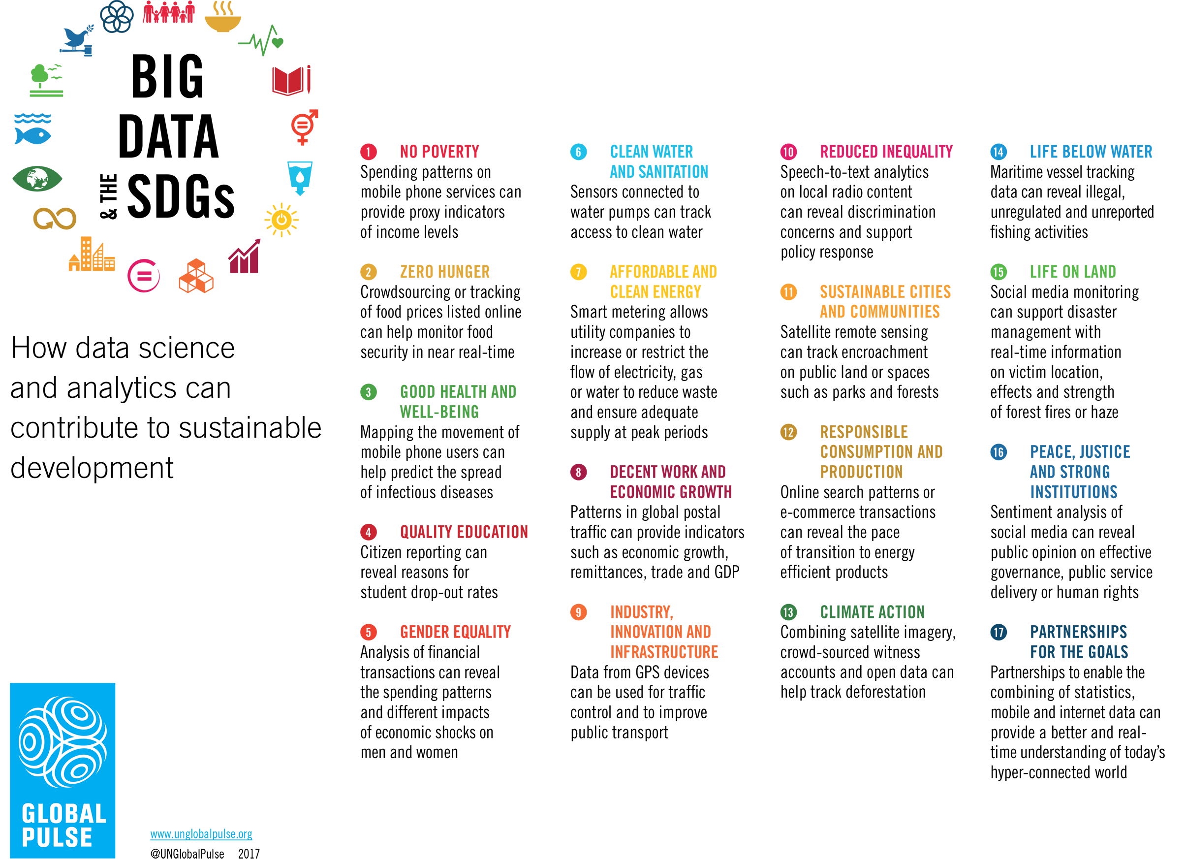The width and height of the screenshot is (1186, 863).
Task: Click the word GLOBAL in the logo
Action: (64, 814)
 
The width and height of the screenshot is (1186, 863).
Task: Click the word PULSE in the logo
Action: (57, 837)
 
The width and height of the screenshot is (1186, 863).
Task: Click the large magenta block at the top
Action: (854, 78)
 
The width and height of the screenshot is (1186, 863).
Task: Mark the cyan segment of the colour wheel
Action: (298, 175)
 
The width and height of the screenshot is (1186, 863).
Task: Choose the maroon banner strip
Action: (649, 473)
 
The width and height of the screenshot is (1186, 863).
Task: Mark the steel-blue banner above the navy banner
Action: (1067, 460)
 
